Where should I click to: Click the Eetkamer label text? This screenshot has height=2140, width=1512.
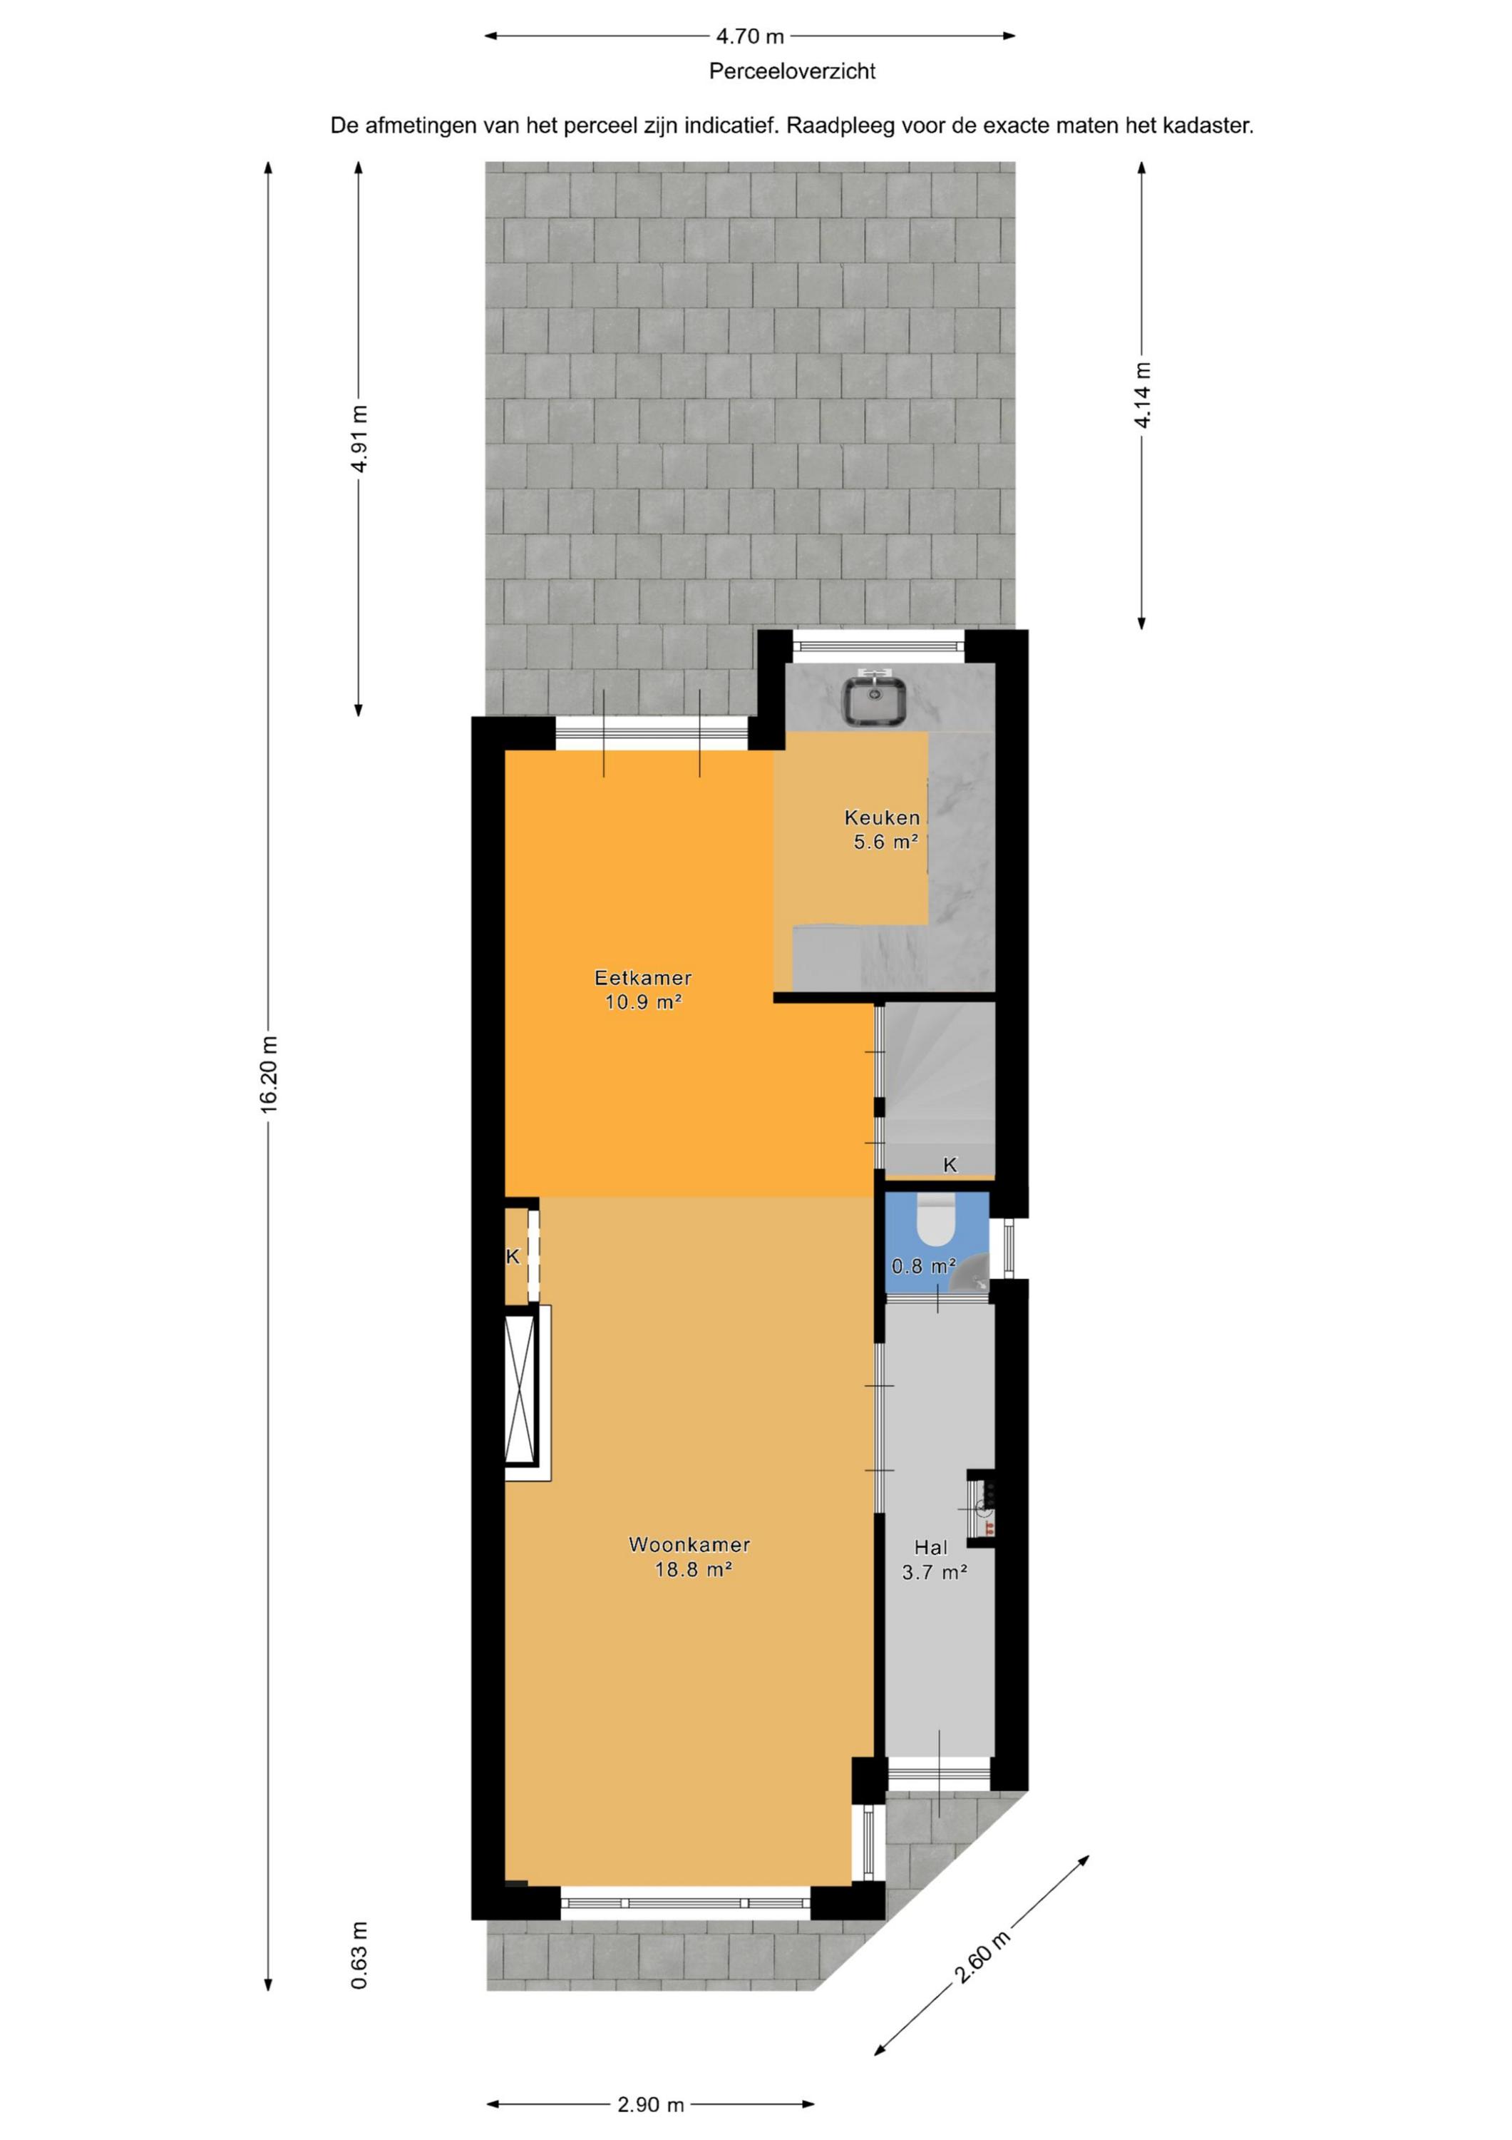(643, 978)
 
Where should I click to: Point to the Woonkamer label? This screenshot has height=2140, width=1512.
(689, 1544)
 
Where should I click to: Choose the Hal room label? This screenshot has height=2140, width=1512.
(931, 1547)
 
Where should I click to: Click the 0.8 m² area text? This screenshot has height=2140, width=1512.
(924, 1265)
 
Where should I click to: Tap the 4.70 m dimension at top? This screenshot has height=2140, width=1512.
(750, 36)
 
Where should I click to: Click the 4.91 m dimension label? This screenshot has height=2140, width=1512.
(359, 438)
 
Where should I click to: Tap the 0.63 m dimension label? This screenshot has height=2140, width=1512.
(359, 1955)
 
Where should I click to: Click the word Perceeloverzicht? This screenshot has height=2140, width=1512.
(792, 71)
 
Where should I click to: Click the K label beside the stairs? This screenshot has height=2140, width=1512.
(950, 1164)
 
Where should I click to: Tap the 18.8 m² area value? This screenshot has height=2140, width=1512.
(693, 1569)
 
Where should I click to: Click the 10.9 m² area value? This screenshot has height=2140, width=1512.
(644, 1003)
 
